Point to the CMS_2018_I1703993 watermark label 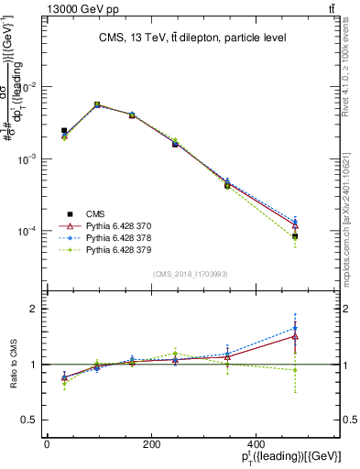pos(190,273)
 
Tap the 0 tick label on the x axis pos(47,444)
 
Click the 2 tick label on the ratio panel pos(33,309)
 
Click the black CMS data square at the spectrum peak pos(97,105)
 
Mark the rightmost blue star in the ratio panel pos(295,328)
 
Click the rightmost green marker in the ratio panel pos(295,370)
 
